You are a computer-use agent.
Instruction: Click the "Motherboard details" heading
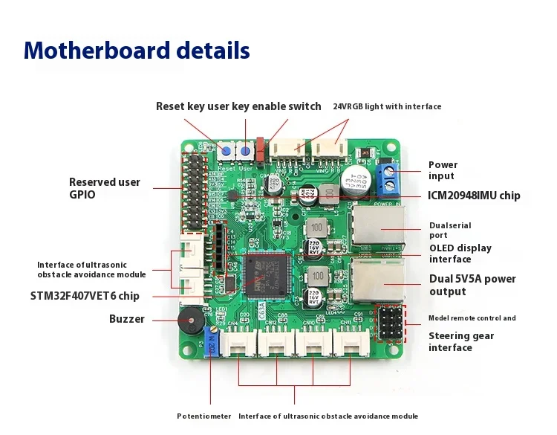[x=137, y=51]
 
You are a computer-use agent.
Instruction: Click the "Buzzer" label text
[x=127, y=319]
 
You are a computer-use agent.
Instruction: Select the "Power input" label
[x=443, y=170]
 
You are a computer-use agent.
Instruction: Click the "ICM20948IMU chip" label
[x=474, y=196]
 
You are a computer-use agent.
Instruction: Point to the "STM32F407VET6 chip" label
[x=85, y=296]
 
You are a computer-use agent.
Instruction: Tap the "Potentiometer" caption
[x=203, y=416]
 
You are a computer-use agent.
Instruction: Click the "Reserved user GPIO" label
[x=104, y=187]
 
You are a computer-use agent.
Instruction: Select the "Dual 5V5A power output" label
[x=472, y=285]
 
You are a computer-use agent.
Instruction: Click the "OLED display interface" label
[x=460, y=254]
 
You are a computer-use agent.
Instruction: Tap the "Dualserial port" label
[x=450, y=231]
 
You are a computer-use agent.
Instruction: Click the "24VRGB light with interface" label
[x=387, y=106]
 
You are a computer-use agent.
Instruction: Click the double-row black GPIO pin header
[x=196, y=189]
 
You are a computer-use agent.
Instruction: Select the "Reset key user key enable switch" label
[x=238, y=106]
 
